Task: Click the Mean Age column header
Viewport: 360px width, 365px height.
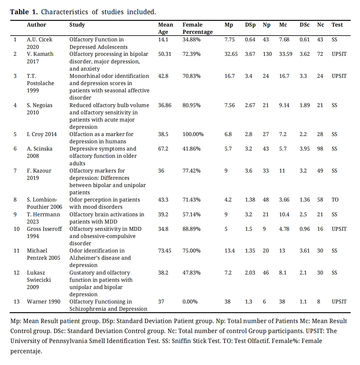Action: coord(165,28)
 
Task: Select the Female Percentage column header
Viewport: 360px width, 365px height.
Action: coord(197,28)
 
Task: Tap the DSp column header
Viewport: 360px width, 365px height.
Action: coord(250,25)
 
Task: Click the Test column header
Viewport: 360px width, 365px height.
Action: coord(337,25)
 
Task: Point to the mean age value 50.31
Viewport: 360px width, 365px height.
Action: coord(164,54)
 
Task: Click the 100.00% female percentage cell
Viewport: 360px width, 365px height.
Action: coord(193,134)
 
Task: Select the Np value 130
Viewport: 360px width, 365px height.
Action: coord(267,54)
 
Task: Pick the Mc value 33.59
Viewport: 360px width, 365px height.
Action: coord(285,54)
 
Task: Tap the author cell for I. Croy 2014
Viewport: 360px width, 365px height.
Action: coord(42,134)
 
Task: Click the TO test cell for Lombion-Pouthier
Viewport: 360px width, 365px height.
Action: coord(335,200)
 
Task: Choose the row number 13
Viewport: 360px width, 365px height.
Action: coord(17,302)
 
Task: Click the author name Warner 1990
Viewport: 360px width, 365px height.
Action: coord(43,302)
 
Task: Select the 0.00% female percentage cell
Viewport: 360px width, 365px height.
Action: coord(190,302)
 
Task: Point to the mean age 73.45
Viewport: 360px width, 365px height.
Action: coord(164,251)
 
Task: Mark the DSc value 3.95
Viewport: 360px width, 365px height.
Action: coord(304,149)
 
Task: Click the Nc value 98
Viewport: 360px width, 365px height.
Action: coord(320,149)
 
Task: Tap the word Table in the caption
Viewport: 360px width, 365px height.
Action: coord(19,12)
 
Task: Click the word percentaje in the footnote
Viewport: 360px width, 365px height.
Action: coord(26,351)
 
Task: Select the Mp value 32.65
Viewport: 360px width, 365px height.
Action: coord(231,54)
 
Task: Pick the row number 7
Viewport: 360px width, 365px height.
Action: coord(15,171)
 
